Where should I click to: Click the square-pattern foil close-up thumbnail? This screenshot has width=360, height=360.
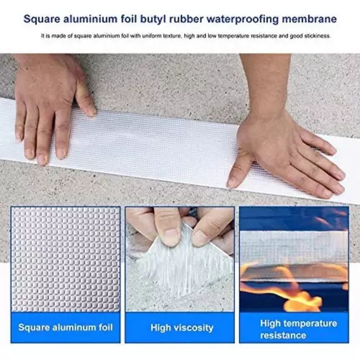coord(65,259)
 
